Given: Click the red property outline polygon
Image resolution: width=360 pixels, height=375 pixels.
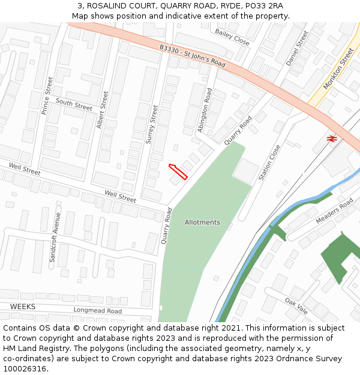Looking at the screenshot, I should (178, 172).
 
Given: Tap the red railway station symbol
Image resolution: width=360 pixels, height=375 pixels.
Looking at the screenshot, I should (331, 139).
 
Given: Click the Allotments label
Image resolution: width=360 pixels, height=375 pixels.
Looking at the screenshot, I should (202, 222).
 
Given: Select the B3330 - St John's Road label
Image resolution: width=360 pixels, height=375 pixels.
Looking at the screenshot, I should (192, 56).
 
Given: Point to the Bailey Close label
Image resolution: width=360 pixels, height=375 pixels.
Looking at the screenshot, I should (232, 37).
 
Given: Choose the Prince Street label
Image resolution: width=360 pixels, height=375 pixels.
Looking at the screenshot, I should (47, 95).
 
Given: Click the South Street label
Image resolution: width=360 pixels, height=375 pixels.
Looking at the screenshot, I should (74, 104).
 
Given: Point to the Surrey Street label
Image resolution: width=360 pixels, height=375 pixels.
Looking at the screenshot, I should (152, 125).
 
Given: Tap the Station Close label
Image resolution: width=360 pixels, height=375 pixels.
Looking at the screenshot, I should (269, 163).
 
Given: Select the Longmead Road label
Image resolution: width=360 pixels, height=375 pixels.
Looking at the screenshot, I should (97, 311).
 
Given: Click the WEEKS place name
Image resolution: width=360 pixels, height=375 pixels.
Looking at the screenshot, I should (23, 307).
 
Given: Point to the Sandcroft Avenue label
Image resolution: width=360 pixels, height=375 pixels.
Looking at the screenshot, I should (55, 237).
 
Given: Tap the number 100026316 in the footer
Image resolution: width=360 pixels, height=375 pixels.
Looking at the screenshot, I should (24, 368).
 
